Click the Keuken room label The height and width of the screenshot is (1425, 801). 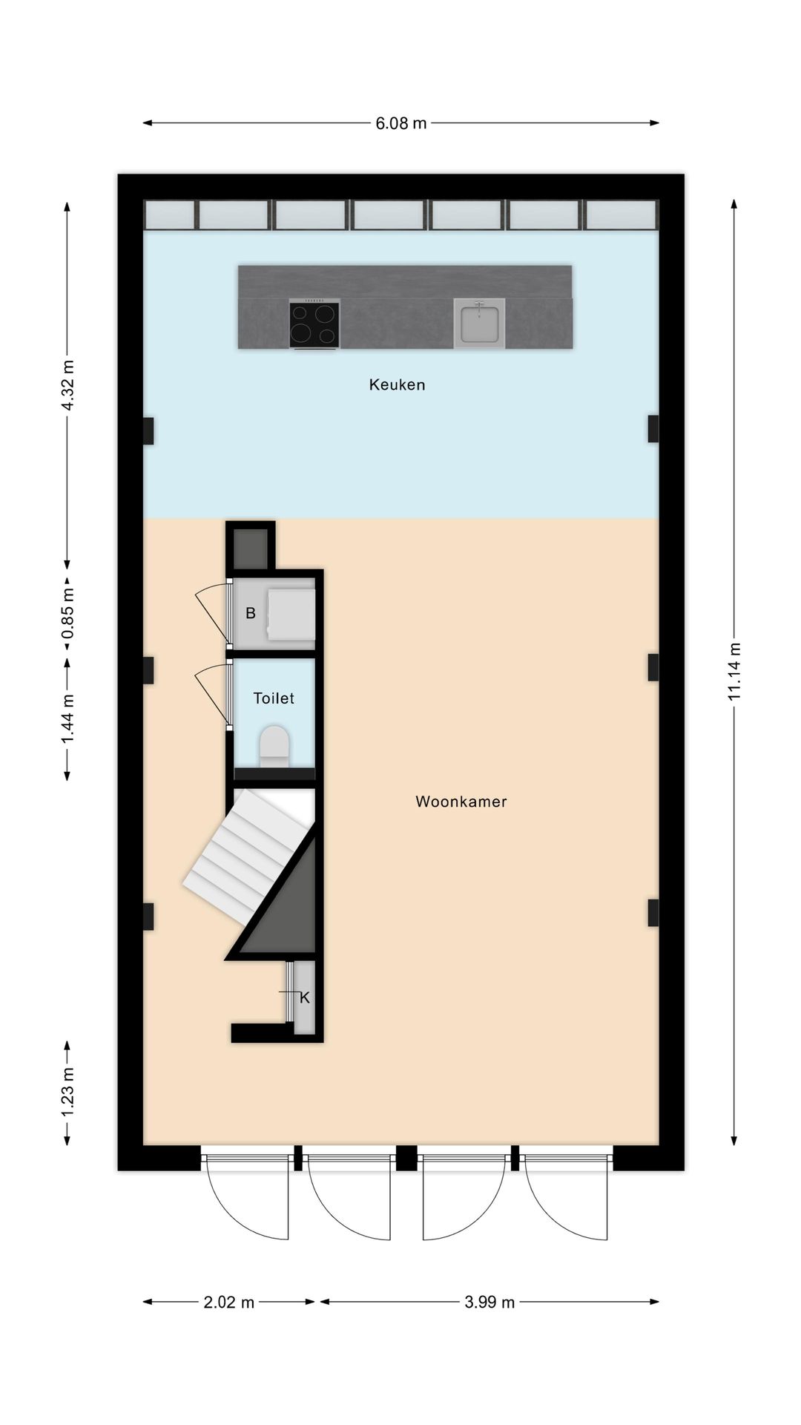coord(397,384)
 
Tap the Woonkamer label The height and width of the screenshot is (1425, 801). coord(461,802)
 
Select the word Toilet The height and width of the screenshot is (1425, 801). coord(274,698)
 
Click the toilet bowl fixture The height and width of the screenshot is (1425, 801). coord(274,746)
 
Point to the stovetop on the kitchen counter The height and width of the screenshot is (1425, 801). coord(314,324)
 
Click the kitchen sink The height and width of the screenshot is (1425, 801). coord(479,324)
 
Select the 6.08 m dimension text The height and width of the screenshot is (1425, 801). coord(400,123)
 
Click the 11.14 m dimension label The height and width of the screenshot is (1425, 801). coord(734,671)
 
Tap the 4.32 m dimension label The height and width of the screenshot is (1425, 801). coord(67,384)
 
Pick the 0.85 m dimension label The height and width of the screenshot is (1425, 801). coord(67,614)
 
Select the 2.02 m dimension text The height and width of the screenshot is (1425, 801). coord(228,1302)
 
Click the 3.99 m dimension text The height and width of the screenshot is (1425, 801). coord(489,1302)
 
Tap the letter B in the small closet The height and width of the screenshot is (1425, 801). coord(251,613)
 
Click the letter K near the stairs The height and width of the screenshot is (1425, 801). coord(304,998)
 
